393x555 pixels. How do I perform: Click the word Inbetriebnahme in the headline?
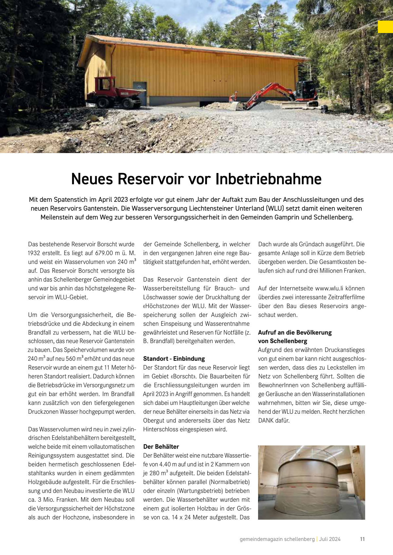(x=268, y=179)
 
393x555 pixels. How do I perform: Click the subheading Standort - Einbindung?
(x=174, y=358)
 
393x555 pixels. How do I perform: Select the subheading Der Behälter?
(x=161, y=446)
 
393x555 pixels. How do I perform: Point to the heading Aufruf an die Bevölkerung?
(x=295, y=332)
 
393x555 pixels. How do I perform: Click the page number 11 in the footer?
(x=362, y=539)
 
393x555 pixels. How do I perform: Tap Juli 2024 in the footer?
(x=330, y=539)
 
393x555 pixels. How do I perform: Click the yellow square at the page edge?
(x=385, y=27)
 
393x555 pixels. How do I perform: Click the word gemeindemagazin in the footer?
(x=261, y=539)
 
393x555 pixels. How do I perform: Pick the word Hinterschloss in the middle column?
(x=162, y=429)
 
